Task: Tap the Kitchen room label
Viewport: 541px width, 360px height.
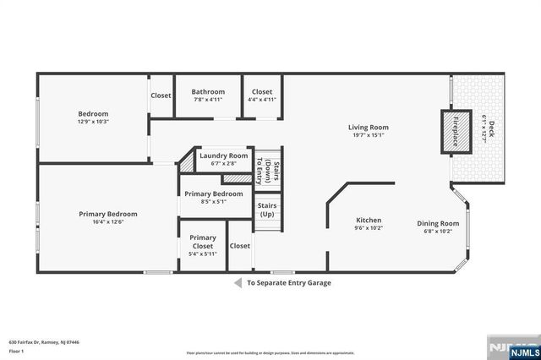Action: point(367,220)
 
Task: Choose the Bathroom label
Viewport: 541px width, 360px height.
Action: point(207,91)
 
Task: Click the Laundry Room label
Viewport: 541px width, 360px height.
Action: point(223,155)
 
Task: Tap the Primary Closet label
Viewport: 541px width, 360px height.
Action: point(202,242)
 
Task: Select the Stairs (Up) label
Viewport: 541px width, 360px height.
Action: point(267,210)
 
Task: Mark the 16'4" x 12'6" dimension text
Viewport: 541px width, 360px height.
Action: point(108,222)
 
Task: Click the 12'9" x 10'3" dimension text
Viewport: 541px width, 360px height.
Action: point(94,122)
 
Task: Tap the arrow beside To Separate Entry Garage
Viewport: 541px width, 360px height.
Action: point(238,283)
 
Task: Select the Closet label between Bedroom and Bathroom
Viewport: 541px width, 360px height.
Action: point(161,95)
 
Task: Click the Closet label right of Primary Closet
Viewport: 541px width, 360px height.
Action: point(240,246)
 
